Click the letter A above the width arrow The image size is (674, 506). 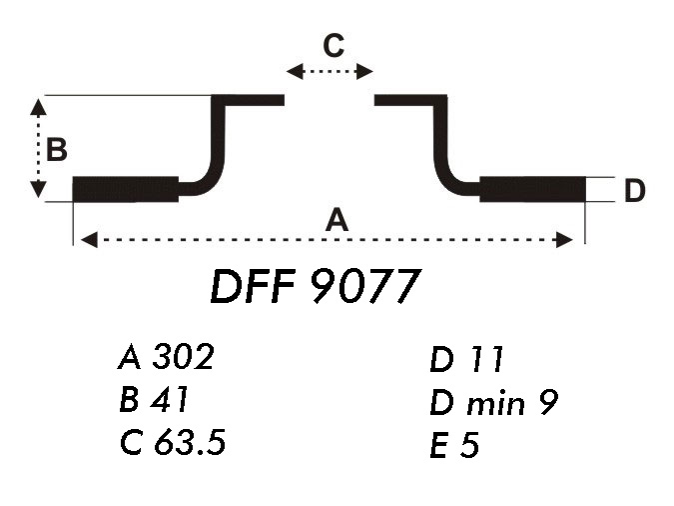(x=337, y=220)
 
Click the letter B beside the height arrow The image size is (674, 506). (x=57, y=150)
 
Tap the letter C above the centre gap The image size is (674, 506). (x=333, y=45)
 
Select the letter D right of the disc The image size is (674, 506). (x=635, y=191)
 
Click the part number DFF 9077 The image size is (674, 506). (x=312, y=288)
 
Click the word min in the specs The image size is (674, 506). (x=495, y=403)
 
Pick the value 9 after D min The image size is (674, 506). (x=547, y=403)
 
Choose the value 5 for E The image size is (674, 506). (x=470, y=446)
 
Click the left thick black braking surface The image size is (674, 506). (x=126, y=189)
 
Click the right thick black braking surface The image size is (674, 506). (x=532, y=189)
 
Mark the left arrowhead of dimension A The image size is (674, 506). (x=87, y=239)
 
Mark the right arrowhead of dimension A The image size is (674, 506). (x=567, y=239)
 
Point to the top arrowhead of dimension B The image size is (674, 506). (x=39, y=105)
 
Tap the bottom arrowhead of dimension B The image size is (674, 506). (x=39, y=191)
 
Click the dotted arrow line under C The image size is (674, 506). (x=330, y=71)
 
